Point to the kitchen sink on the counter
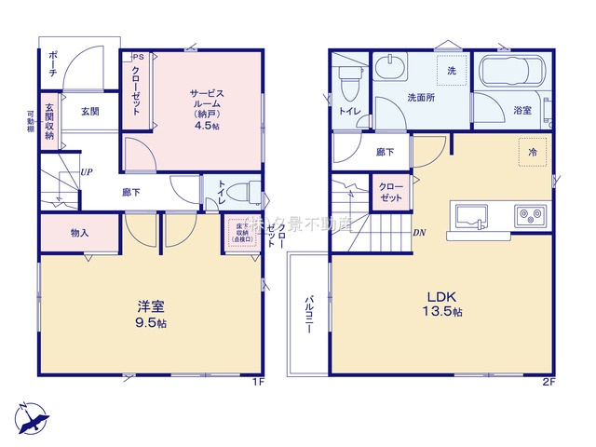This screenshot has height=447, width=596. point(472,217)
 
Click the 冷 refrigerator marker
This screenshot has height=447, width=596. point(532,152)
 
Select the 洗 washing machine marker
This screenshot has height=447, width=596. point(451,72)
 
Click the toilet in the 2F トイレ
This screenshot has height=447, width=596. point(350,86)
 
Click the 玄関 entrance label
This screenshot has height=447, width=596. point(89,112)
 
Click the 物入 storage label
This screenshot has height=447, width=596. point(79,232)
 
